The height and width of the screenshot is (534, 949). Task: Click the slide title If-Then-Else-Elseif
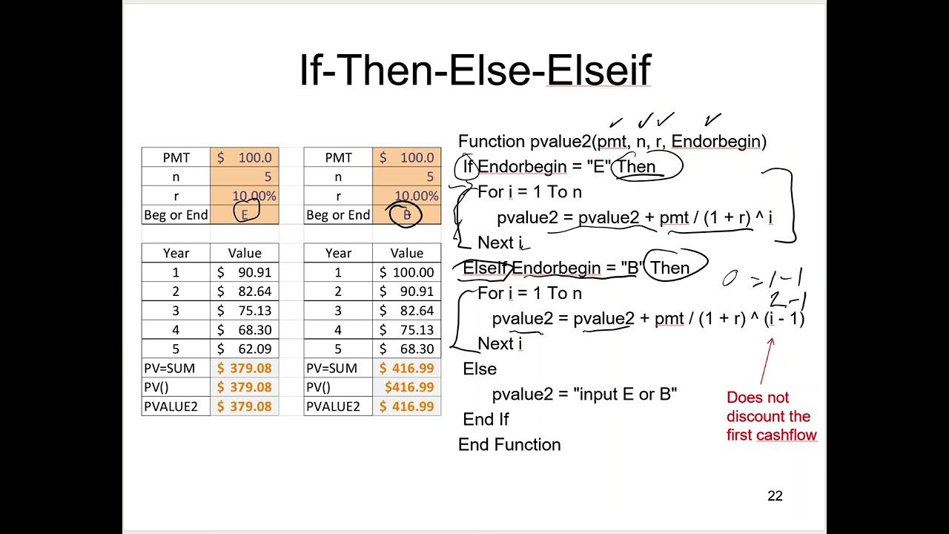coord(474,70)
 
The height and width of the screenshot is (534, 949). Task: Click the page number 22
coord(775,496)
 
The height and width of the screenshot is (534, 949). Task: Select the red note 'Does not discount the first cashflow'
coord(771,417)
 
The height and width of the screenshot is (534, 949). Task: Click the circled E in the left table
coord(245,214)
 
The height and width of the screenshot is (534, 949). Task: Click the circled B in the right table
coord(406,214)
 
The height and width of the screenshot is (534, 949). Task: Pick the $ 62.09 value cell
coord(245,349)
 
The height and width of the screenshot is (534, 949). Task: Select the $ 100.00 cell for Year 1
coord(406,272)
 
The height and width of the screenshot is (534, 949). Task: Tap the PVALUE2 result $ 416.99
coord(406,406)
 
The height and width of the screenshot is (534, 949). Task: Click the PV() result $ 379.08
coord(245,387)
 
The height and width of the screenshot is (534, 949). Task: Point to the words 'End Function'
coord(509,445)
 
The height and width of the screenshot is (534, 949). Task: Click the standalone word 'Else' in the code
coord(480,369)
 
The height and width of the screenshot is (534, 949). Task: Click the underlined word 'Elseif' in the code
coord(486,268)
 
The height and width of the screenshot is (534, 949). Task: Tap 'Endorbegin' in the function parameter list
coord(716,141)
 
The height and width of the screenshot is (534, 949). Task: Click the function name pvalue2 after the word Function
coord(560,141)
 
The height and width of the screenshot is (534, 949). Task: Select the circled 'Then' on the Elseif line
coord(669,268)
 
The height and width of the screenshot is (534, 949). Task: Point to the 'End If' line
coord(486,420)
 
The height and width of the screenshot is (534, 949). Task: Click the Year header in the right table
coord(338,253)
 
